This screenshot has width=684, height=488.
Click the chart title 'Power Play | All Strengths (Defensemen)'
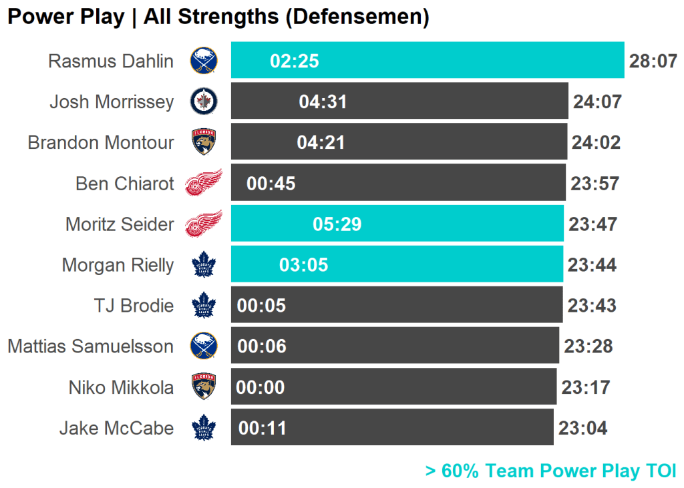pos(218,17)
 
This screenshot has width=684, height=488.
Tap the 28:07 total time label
pos(653,61)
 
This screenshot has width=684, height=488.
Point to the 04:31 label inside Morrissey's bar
pos(323,102)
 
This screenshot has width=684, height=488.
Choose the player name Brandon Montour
pos(101,142)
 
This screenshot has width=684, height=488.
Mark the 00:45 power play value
pos(271,184)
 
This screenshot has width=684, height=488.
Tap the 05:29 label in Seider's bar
pos(337,224)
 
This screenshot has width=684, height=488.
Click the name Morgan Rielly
pos(118,265)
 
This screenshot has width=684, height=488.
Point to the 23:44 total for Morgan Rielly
pos(592,265)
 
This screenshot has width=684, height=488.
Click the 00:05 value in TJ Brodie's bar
pos(261,306)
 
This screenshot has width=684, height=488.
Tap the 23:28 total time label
pos(588,346)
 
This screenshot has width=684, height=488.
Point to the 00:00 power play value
pos(261,387)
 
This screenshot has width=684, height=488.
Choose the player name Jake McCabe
pos(116,428)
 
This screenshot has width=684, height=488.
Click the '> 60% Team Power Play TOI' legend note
pos(550,471)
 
